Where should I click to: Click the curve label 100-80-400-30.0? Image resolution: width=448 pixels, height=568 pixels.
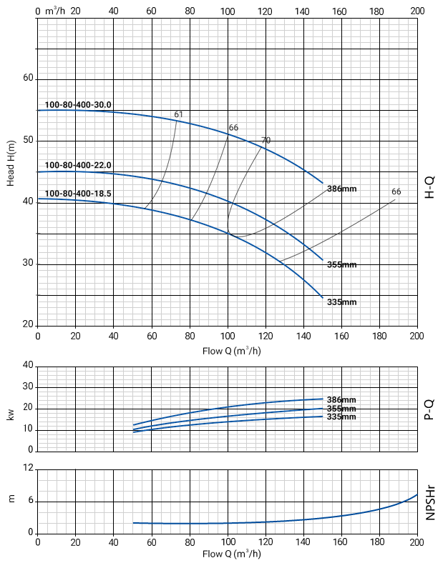[78, 105]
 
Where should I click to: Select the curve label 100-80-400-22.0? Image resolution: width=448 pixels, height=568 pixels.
[78, 166]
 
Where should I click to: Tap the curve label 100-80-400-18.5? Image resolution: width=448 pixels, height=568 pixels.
[78, 194]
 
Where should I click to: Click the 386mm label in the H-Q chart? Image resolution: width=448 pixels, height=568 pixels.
[341, 189]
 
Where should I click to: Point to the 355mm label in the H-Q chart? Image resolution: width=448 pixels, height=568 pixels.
[341, 265]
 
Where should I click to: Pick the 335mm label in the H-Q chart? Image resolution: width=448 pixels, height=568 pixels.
[341, 302]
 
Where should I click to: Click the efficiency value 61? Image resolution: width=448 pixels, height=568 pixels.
[179, 114]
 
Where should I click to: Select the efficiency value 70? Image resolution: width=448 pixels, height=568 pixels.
[266, 140]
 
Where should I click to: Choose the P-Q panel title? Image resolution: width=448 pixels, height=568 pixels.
[430, 408]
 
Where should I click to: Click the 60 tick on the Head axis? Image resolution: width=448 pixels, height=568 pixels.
[28, 78]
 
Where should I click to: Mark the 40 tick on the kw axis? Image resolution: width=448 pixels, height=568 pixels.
[28, 365]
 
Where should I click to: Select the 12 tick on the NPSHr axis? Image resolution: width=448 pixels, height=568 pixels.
[28, 469]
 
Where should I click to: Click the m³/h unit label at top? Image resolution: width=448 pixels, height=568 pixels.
[54, 11]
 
